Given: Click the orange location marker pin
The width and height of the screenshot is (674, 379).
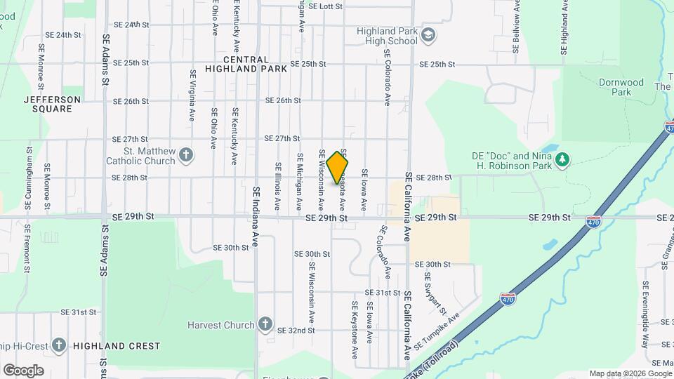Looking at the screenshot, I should (x=338, y=167).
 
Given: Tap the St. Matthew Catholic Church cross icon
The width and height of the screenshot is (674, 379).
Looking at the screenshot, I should (x=185, y=154).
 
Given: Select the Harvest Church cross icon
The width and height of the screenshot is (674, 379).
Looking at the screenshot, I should (x=265, y=324).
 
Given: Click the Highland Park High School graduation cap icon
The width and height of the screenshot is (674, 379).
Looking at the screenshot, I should (x=427, y=35).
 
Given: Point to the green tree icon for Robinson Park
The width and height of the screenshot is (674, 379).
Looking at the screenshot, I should (x=561, y=160).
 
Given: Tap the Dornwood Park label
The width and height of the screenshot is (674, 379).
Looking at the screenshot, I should (x=621, y=87).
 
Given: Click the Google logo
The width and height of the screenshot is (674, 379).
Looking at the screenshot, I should (x=23, y=370).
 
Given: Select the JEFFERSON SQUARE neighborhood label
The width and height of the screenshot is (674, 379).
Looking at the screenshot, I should (x=52, y=104).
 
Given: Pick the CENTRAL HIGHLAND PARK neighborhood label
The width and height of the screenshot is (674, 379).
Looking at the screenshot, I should (x=246, y=65).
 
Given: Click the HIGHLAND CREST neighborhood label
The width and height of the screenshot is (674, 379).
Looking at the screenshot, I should (x=116, y=346).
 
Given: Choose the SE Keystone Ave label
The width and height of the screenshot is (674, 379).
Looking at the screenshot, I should (x=355, y=328).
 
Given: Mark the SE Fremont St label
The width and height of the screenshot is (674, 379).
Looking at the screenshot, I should (x=27, y=248).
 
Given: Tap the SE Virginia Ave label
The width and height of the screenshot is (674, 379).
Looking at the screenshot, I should (x=192, y=95).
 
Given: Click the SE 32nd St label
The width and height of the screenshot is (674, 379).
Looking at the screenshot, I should (x=296, y=330).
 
